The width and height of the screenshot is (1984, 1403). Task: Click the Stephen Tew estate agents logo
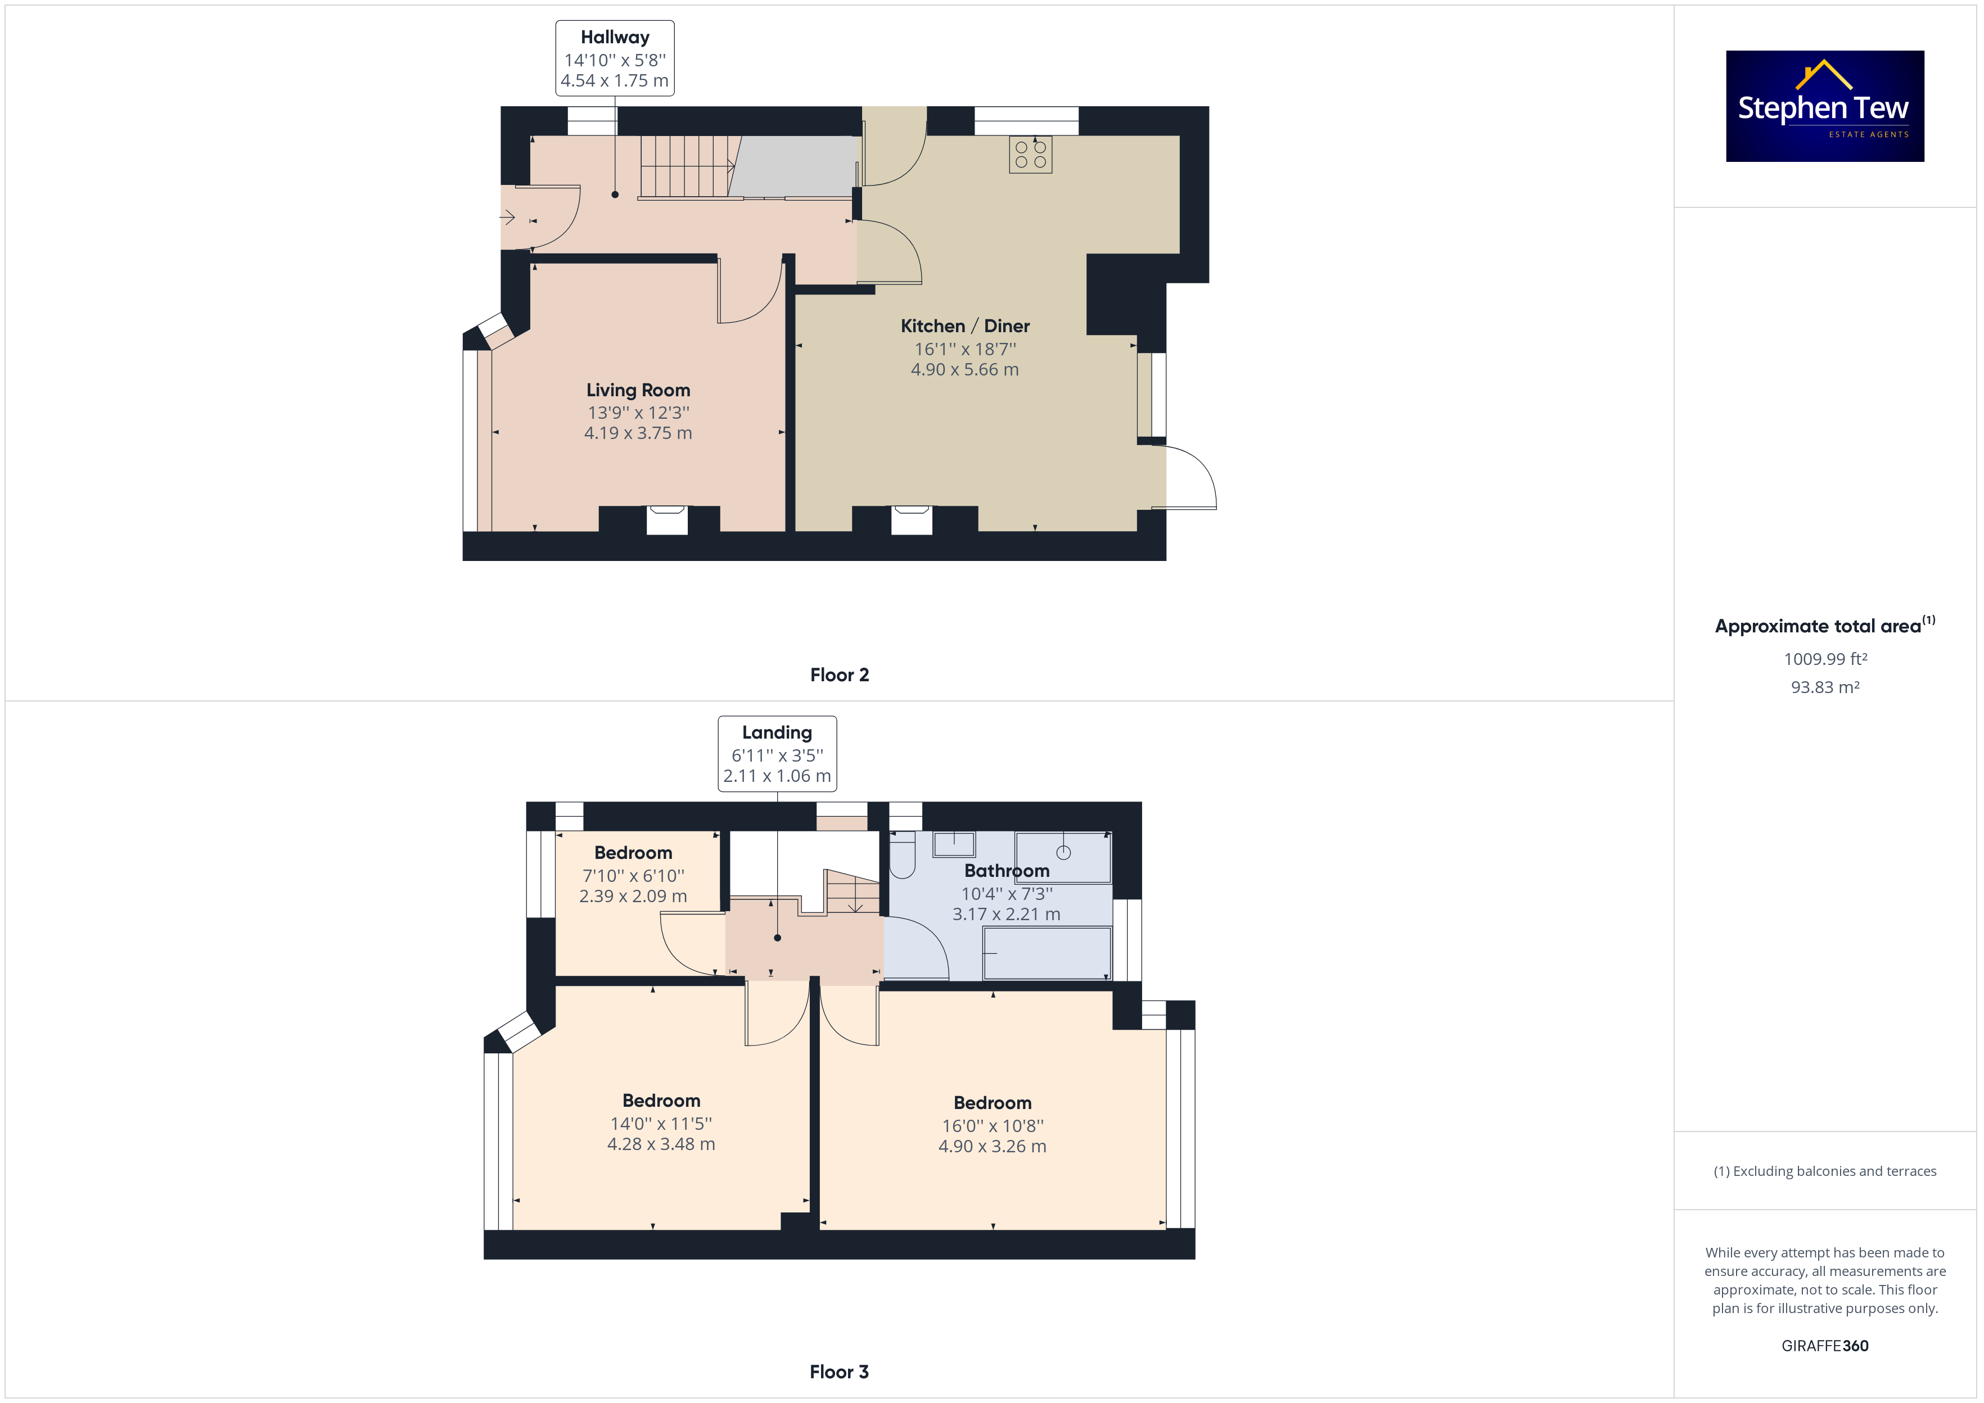point(1824,106)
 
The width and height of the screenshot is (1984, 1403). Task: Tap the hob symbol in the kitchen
point(1030,155)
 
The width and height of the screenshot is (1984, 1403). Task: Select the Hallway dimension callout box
point(615,58)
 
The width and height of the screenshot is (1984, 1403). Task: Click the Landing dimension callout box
point(777,753)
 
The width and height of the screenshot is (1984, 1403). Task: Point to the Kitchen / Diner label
point(965,325)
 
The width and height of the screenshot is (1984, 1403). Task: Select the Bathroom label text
point(1007,870)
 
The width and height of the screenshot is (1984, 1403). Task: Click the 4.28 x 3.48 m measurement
point(661,1144)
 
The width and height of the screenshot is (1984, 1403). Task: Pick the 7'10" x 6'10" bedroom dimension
point(633,875)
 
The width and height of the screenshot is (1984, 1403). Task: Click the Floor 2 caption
point(839,675)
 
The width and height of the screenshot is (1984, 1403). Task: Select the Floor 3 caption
point(839,1372)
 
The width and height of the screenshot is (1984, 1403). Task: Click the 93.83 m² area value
point(1825,687)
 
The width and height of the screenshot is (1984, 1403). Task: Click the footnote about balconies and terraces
point(1825,1171)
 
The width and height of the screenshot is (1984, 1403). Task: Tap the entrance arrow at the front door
point(508,218)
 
